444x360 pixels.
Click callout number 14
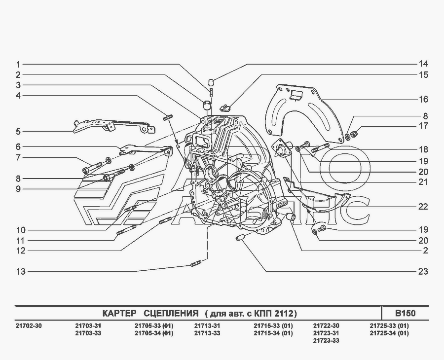[x=424, y=64]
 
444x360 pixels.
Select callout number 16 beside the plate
[x=424, y=99]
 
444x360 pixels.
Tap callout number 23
[x=423, y=271]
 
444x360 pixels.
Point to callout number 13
[x=21, y=271]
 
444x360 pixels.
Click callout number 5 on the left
[x=18, y=132]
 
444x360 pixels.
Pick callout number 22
[x=423, y=207]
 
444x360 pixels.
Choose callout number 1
[x=18, y=65]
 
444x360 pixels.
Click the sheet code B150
[x=405, y=313]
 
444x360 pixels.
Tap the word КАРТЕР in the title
[x=119, y=314]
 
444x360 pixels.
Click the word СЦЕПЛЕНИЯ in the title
[x=171, y=314]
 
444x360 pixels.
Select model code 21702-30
[x=28, y=326]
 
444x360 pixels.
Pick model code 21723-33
[x=326, y=340]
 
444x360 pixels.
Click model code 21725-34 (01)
[x=389, y=333]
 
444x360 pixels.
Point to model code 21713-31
[x=207, y=326]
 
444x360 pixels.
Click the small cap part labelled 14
[x=211, y=83]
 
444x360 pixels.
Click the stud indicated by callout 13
[x=195, y=265]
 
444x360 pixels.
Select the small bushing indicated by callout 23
[x=240, y=238]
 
